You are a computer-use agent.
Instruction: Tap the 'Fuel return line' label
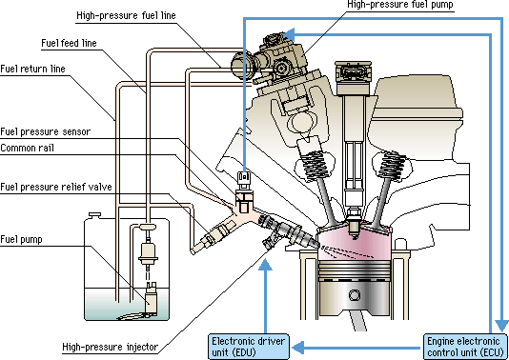[33, 69]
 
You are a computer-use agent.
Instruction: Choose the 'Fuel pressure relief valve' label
[57, 187]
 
